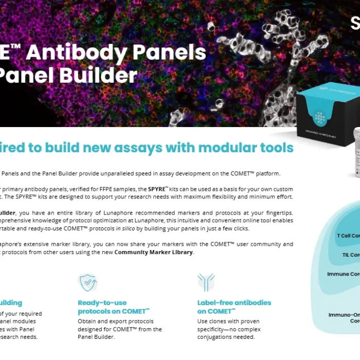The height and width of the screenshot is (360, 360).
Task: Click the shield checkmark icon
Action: point(87,282)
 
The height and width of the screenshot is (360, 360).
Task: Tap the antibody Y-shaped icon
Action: point(206,282)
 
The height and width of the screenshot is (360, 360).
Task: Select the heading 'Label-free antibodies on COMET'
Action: point(234,307)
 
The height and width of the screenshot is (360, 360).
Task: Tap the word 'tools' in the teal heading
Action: point(276,148)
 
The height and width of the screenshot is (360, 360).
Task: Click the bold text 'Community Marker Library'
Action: point(154,253)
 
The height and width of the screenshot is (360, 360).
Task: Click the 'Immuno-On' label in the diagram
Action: point(344,315)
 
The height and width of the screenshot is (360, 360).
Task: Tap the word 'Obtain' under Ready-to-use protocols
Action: point(88,321)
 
